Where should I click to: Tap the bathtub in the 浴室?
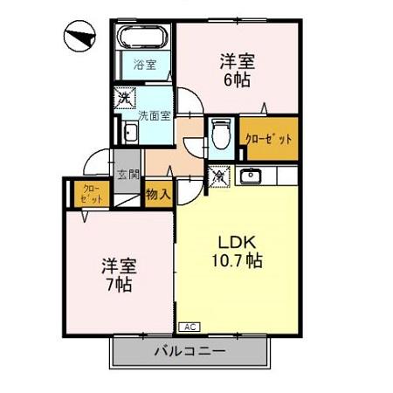click(141, 40)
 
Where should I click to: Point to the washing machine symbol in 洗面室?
click(124, 97)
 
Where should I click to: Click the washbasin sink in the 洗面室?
click(130, 133)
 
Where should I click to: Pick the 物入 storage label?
click(156, 193)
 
